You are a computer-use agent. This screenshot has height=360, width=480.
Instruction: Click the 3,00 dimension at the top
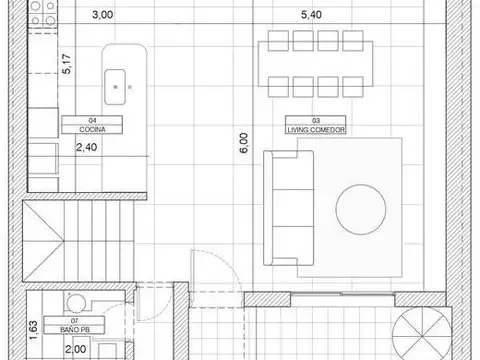pyautogui.click(x=102, y=16)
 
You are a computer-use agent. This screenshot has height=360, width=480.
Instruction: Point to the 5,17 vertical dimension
pyautogui.click(x=66, y=67)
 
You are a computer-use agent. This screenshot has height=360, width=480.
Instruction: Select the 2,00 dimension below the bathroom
pyautogui.click(x=74, y=349)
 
